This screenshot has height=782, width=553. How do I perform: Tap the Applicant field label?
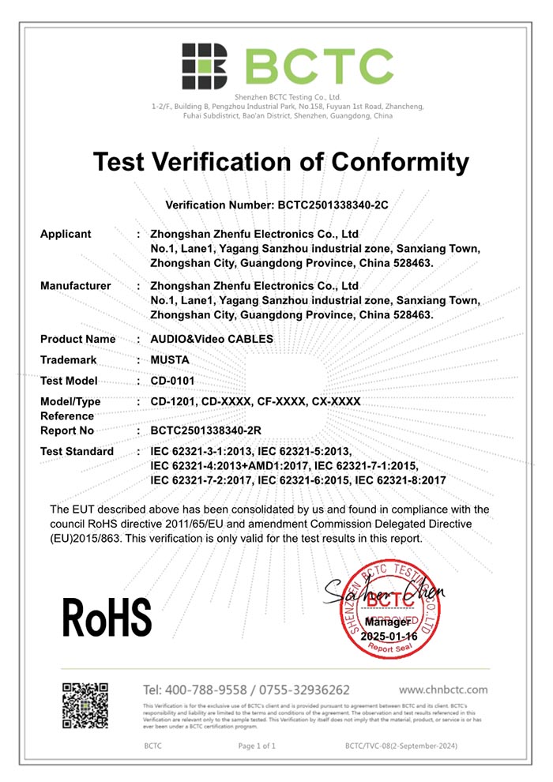click(x=66, y=234)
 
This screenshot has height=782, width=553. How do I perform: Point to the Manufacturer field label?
click(x=76, y=286)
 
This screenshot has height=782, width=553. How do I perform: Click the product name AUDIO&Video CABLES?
click(x=212, y=339)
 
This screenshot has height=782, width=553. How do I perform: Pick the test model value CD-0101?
click(x=172, y=381)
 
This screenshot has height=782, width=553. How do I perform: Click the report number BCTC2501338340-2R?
click(x=205, y=430)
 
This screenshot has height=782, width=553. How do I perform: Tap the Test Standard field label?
click(x=77, y=451)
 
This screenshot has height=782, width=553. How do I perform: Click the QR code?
click(x=85, y=705)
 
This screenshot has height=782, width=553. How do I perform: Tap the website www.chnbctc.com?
click(x=443, y=690)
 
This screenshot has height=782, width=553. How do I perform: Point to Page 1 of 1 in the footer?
click(x=256, y=746)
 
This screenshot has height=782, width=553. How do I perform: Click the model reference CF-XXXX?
click(x=274, y=401)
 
